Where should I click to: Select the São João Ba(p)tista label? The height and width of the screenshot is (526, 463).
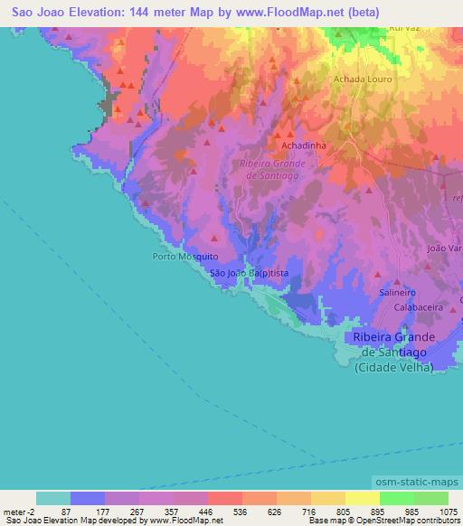[x=249, y=272]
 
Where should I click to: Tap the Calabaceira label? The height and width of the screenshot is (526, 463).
[x=417, y=307]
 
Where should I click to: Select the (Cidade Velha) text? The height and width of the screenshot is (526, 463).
[x=395, y=367]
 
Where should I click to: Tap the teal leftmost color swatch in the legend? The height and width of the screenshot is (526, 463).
[x=53, y=498]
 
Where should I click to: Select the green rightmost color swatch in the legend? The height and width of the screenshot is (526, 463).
[x=430, y=498]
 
